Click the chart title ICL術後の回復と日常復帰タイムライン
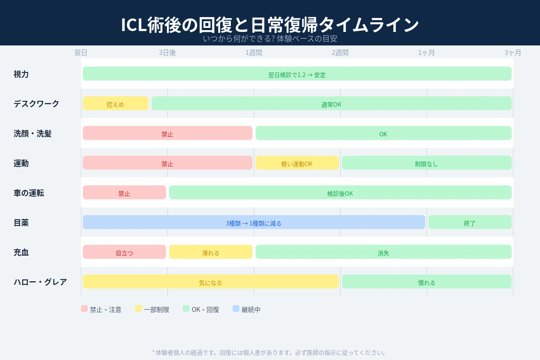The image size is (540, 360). [270, 25]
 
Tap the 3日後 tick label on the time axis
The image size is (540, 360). [167, 53]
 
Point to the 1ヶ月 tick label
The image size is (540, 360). [427, 53]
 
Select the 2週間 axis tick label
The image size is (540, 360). [340, 53]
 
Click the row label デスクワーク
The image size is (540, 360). [36, 103]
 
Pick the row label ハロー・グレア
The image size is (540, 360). [40, 282]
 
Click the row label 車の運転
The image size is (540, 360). [29, 193]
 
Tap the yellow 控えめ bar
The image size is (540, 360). [116, 103]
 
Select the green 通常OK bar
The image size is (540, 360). [332, 103]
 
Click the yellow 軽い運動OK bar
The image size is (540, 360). [297, 163]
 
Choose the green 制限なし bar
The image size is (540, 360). [427, 163]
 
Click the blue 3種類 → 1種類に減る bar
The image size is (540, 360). [254, 222]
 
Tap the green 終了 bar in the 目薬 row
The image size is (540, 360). [470, 222]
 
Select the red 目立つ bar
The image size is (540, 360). [124, 252]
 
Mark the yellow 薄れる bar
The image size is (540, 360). [211, 252]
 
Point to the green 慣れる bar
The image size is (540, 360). [427, 282]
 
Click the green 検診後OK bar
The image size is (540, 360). [340, 193]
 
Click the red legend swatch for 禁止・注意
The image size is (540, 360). [84, 309]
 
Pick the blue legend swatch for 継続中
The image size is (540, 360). [236, 309]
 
